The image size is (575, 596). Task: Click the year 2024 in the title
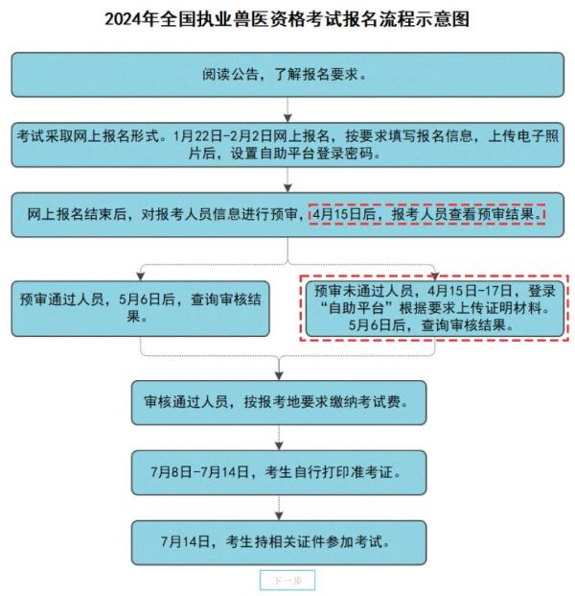point(124,19)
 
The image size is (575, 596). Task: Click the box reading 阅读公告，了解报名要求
point(287,75)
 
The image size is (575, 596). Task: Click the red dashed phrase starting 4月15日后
point(427,214)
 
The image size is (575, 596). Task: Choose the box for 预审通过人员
point(141,309)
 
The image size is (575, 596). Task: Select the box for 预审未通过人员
point(434,308)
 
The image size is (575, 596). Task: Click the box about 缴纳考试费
point(279,402)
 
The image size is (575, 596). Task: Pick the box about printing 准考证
point(279,472)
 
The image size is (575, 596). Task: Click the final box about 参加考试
point(279,542)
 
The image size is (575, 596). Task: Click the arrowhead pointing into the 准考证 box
point(279,446)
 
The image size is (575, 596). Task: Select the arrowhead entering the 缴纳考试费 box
point(279,376)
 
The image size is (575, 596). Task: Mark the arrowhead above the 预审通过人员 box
point(141,277)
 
